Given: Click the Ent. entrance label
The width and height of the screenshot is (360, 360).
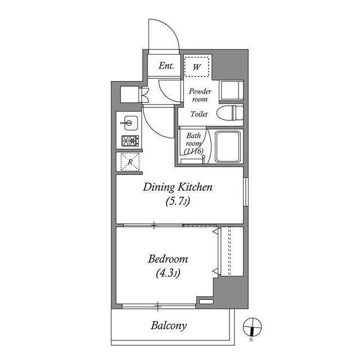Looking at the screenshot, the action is coord(166,66).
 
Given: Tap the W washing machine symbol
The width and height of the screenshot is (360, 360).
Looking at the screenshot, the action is coord(197,66).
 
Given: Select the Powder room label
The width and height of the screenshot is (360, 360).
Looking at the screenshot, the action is coord(200,95).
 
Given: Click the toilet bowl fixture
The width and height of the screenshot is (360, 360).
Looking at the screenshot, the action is coord(230,112).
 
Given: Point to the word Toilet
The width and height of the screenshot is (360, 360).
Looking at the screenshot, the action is coord(199,114).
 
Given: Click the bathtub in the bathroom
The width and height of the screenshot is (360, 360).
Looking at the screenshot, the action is coord(228,146).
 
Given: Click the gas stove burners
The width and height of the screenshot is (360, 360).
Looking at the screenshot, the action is coord(130,141).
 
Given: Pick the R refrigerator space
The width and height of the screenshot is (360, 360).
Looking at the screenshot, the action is coord(130,162).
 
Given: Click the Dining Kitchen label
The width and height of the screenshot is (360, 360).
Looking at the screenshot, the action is coord(178,187).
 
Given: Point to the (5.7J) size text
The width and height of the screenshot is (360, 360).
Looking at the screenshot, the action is coord(178,201).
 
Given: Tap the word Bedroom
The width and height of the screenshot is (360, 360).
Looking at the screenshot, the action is coord(168,259).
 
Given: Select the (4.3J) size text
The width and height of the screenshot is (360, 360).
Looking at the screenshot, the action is coord(168,273).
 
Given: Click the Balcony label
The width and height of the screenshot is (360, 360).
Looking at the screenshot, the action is coord(169,326).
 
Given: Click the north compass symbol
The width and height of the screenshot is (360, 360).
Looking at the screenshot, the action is coord(252,327).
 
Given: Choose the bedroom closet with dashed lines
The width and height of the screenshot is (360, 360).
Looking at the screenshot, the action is coord(232,251).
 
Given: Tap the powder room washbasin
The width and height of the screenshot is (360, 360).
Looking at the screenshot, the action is coord(231,90).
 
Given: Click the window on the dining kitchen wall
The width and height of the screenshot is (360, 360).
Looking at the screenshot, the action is coord(246,191).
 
